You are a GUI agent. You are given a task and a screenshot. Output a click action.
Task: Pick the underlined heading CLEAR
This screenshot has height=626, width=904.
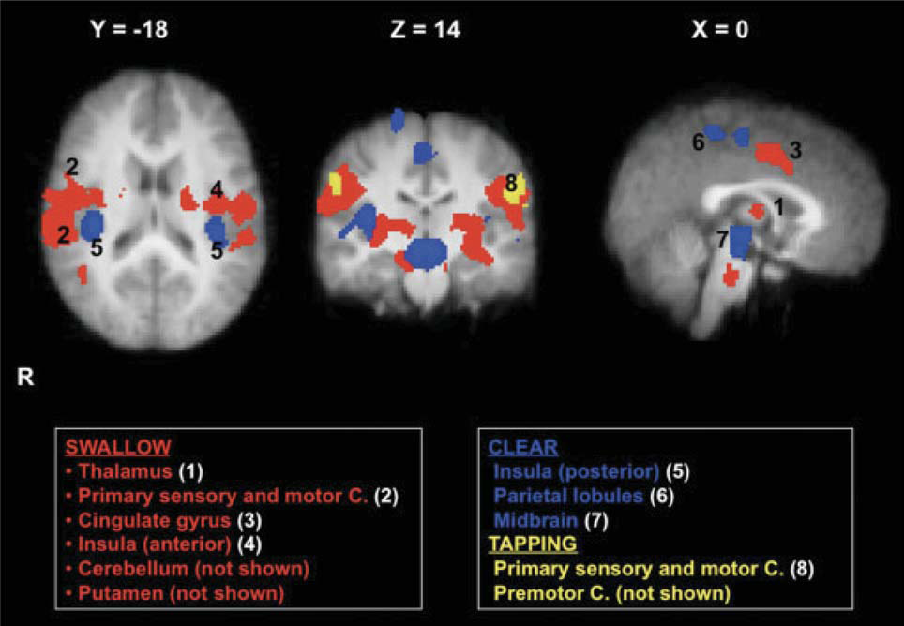pos(522,446)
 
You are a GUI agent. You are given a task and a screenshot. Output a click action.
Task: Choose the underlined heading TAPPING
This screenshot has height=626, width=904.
pos(532,544)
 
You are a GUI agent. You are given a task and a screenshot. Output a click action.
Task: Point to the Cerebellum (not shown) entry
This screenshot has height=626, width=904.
pos(193,568)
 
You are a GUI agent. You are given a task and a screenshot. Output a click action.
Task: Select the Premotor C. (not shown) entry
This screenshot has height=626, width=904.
pos(610,592)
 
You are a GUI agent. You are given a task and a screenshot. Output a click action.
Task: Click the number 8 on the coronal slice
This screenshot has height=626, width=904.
pos(511,185)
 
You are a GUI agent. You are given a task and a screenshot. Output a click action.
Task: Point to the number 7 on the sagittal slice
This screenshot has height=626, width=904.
pos(722,241)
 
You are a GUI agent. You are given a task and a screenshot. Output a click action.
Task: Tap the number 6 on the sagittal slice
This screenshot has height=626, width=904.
pos(698,142)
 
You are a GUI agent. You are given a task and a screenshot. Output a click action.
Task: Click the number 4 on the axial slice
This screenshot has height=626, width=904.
pos(217,190)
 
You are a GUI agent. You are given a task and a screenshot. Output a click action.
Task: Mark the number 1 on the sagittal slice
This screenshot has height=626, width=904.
pos(777,201)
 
